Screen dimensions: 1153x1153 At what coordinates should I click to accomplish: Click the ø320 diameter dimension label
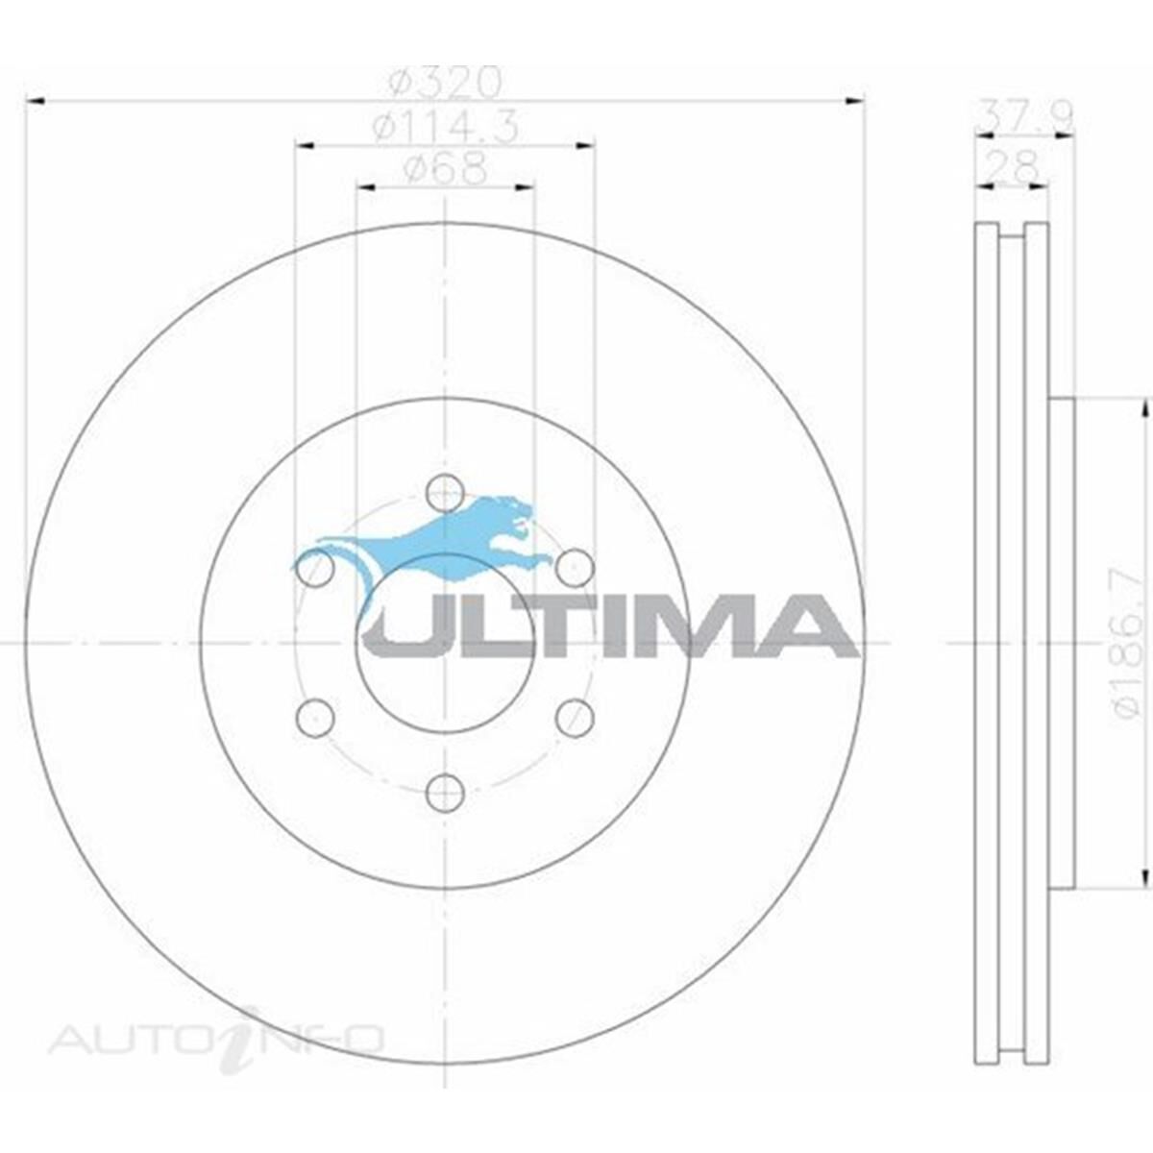pos(445,83)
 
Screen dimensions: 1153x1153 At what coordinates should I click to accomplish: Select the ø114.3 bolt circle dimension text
pos(445,127)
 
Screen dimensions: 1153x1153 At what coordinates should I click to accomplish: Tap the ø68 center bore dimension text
pos(445,170)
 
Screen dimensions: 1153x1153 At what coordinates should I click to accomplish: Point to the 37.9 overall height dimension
pos(1023,116)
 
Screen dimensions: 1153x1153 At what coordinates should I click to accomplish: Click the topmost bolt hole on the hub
pos(444,492)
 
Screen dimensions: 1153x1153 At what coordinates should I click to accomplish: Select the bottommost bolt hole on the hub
pos(444,792)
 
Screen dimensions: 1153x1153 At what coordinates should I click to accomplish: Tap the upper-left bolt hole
pos(315,568)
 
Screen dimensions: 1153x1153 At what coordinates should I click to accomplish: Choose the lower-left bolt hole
pos(315,718)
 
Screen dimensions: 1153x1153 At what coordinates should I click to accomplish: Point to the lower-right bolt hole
pos(575,718)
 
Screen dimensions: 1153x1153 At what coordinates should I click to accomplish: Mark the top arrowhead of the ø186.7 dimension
pos(1144,409)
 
